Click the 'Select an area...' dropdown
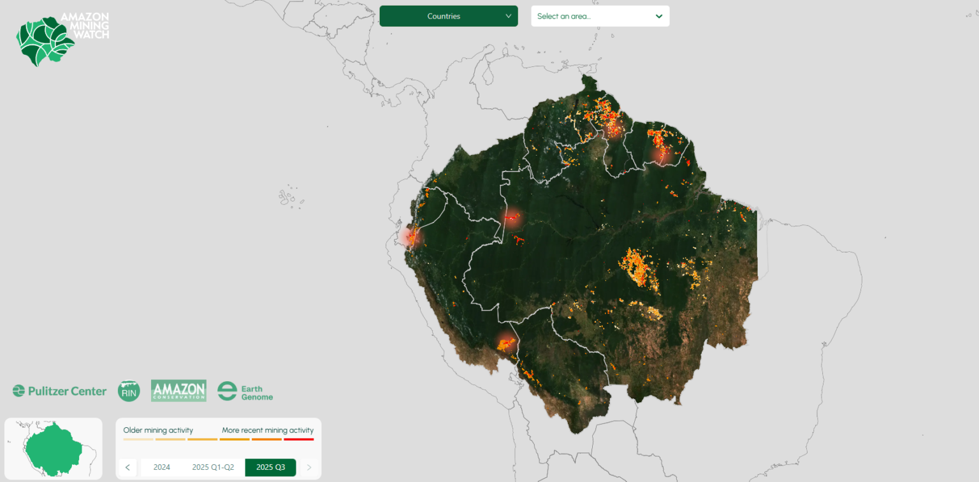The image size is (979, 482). tap(600, 17)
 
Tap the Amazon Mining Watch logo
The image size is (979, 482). tap(62, 39)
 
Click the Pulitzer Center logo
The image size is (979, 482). tap(59, 391)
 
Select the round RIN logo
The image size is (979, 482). tap(129, 391)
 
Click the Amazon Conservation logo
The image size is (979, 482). tap(178, 391)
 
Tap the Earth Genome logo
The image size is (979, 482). tap(245, 391)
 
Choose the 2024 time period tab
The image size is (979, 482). tap(162, 467)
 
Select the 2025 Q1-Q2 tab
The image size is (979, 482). tap(213, 467)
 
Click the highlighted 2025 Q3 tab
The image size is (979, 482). tap(270, 467)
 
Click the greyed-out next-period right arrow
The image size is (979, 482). tap(309, 467)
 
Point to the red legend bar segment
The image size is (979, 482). tap(299, 439)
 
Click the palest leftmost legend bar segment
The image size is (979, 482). tap(138, 439)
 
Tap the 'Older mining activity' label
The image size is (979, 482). tap(158, 430)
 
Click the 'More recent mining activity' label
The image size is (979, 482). tap(268, 430)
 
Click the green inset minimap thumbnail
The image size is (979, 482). tap(54, 448)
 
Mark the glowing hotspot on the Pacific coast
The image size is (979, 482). tap(409, 237)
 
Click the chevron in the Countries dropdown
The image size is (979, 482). tap(508, 17)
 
